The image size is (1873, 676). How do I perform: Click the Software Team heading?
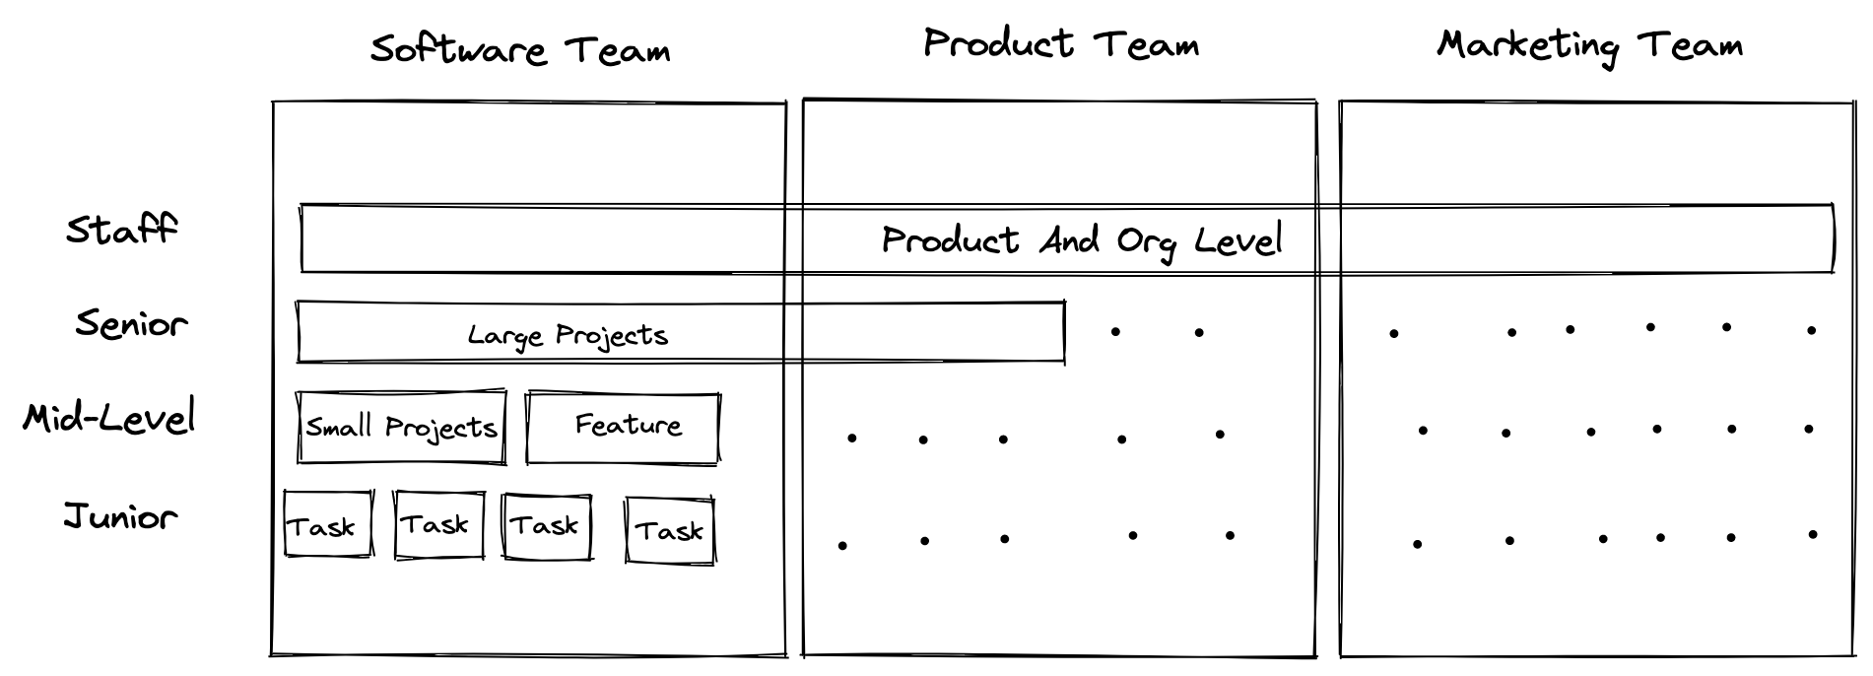pos(519,49)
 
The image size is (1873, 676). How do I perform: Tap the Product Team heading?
pos(1060,44)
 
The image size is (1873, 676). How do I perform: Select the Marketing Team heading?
pos(1588,45)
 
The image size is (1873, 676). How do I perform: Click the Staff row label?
pos(121,230)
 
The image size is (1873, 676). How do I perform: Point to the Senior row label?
pos(131,323)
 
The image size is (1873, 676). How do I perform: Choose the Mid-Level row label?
pos(109,418)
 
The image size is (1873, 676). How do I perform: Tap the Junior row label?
pos(120,515)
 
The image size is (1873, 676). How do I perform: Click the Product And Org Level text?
pos(1081,240)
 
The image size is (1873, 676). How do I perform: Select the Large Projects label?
pos(568,335)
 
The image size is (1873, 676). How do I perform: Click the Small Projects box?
pos(401,428)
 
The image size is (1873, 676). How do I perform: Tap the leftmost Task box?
pos(328,525)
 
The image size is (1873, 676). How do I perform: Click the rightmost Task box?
pos(670,531)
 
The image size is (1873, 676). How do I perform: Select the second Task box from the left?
pos(439,525)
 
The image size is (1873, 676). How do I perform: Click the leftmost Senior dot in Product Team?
pos(1115,332)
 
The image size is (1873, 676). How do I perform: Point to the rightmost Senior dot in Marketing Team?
pos(1811,330)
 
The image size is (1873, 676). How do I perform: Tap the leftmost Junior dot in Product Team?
pos(842,545)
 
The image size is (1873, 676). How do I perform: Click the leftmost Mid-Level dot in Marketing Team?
pos(1423,431)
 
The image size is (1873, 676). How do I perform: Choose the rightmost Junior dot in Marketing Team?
pos(1813,535)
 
